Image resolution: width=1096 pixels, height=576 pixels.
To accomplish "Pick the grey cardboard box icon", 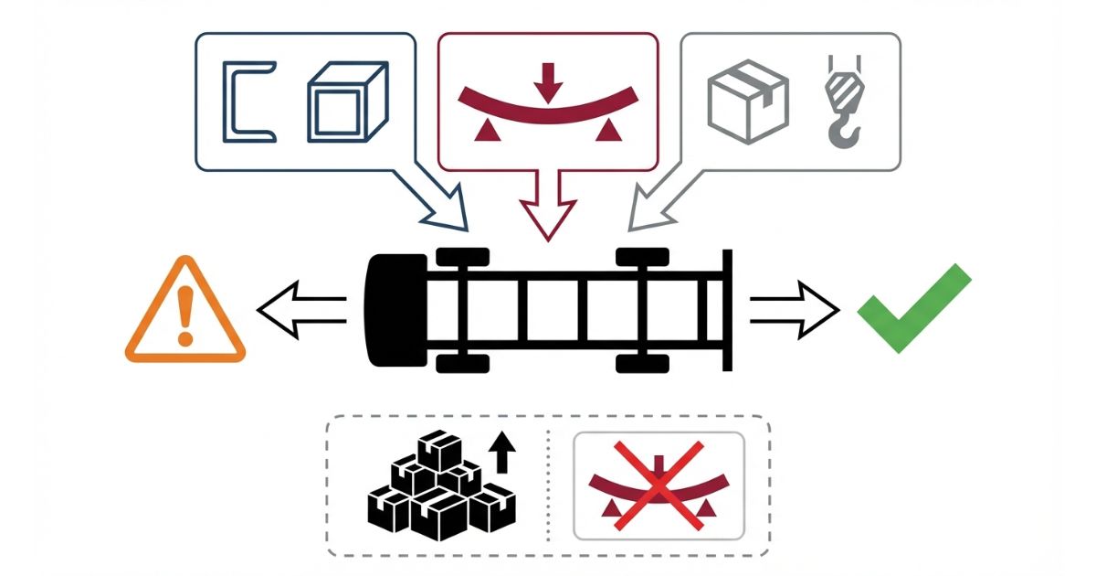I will [748, 101].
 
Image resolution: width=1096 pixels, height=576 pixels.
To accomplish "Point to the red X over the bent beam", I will [659, 485].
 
